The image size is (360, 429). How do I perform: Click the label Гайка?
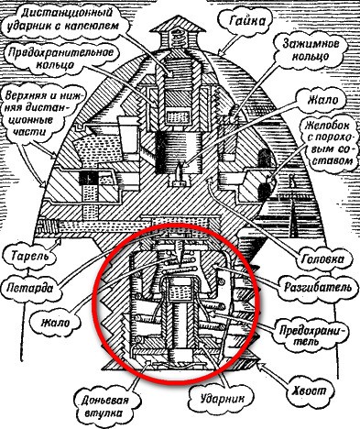click(246, 21)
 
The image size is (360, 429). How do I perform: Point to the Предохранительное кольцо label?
click(60, 58)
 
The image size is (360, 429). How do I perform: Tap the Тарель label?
click(29, 256)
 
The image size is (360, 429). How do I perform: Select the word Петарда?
click(29, 288)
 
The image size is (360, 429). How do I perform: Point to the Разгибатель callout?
click(318, 288)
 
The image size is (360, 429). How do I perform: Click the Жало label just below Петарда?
click(56, 323)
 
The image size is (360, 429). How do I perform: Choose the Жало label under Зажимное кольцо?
click(322, 100)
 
